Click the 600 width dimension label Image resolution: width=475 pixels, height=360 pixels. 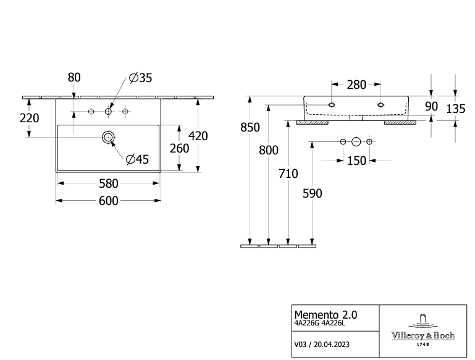coord(109,200)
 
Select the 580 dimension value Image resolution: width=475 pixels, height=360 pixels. coord(109,183)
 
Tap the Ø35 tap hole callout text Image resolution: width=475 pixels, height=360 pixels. coord(140,78)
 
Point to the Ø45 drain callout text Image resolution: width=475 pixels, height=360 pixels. coord(137,159)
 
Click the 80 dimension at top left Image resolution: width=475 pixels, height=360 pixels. coord(74,77)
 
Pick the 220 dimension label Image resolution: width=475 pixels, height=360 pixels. coord(29,118)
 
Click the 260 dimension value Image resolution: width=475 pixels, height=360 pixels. coord(179,148)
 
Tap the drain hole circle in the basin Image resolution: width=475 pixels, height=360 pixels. coord(109,136)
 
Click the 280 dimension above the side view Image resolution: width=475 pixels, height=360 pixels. coord(356,85)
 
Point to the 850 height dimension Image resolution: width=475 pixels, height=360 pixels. coord(250,128)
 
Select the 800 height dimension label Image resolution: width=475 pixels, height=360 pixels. coord(269,150)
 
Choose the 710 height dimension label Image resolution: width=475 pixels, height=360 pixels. coord(288,174)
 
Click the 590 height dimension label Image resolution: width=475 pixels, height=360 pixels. coord(312,193)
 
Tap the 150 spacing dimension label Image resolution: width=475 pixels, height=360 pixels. coord(356,161)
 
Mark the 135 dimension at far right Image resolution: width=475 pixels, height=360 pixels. coord(455,109)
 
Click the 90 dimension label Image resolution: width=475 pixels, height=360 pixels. coord(431,106)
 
